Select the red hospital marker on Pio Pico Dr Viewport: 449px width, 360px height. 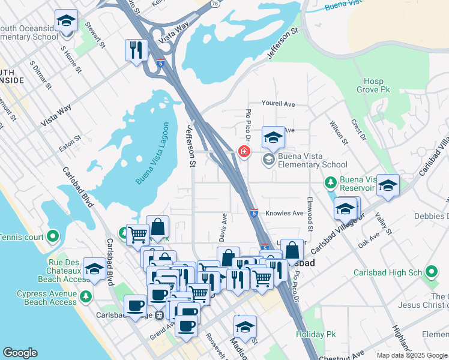click(x=244, y=151)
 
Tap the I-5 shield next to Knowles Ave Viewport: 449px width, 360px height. click(x=254, y=213)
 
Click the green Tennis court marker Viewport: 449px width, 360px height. click(x=53, y=237)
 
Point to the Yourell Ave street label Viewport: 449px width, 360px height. click(x=278, y=104)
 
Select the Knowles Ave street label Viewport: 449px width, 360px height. click(x=285, y=213)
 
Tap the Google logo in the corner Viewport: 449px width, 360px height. click(x=20, y=353)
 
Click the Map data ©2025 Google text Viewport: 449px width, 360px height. click(x=412, y=355)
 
